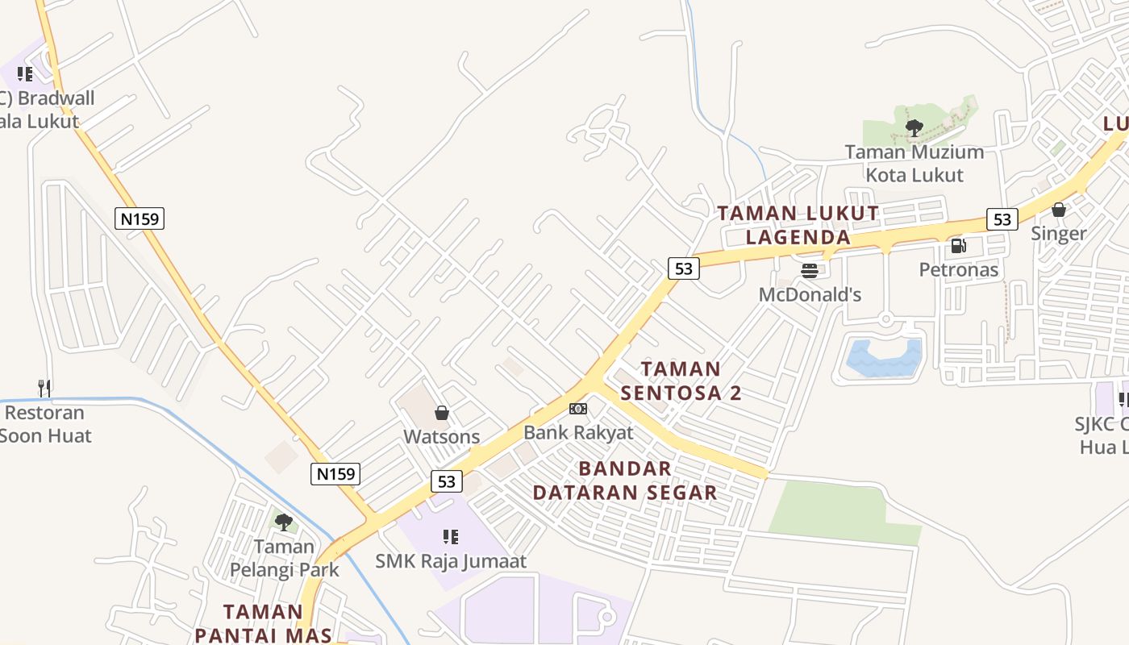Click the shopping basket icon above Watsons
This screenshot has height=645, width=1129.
(442, 414)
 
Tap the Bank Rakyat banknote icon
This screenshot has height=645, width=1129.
(578, 409)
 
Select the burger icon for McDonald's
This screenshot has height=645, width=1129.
(810, 270)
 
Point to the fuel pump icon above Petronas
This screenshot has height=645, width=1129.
(958, 246)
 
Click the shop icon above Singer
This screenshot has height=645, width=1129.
(1059, 210)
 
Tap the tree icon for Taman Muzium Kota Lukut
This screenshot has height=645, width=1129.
(914, 127)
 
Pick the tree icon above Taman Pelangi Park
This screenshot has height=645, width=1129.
(284, 522)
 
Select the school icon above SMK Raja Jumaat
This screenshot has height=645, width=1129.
(451, 537)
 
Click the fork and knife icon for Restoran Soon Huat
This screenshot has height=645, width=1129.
(44, 389)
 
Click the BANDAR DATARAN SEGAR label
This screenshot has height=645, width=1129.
(625, 481)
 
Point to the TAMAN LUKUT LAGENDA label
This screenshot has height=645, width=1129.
(798, 225)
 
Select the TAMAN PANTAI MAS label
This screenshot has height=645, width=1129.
(263, 623)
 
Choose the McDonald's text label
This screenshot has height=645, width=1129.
(810, 295)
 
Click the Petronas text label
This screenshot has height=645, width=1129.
(959, 270)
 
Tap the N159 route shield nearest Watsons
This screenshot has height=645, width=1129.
(335, 474)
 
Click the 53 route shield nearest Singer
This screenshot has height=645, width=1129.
(1002, 219)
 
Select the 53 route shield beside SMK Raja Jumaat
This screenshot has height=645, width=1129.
(446, 482)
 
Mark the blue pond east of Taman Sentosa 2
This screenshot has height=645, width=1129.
(884, 358)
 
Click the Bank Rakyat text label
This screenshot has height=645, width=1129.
(578, 433)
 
